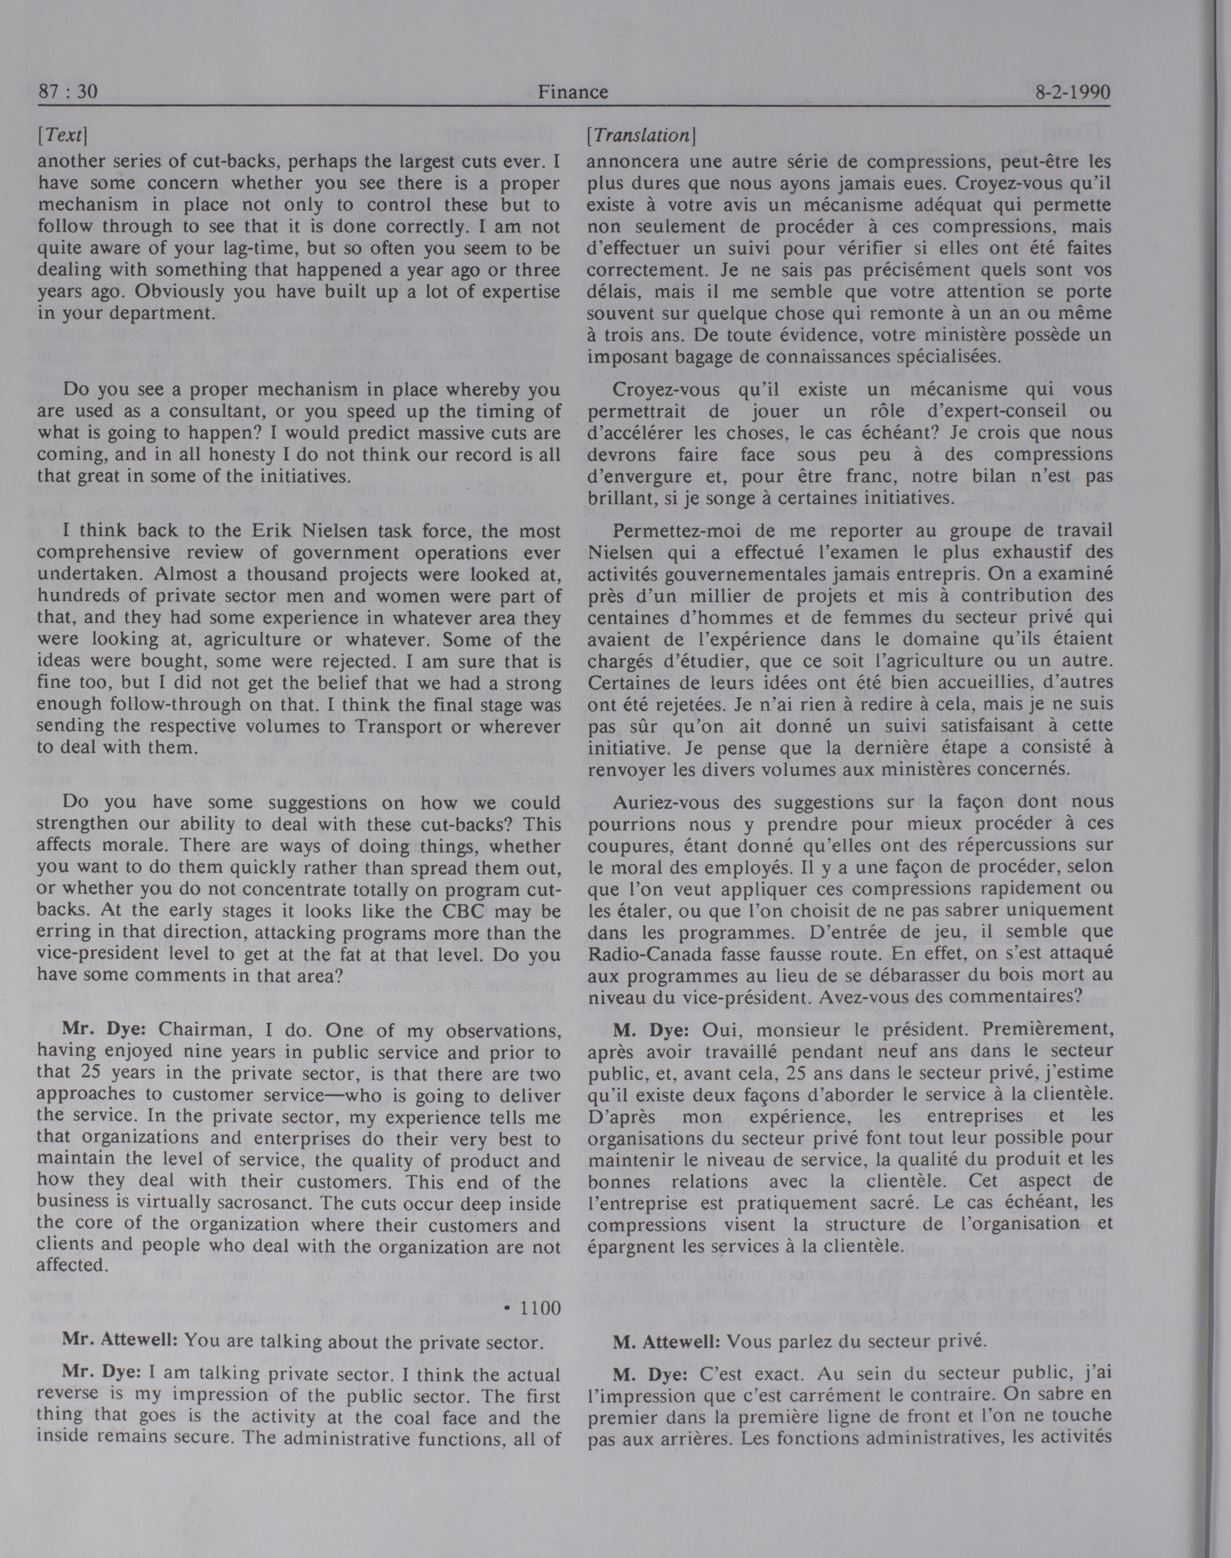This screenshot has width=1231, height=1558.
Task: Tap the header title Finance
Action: (x=573, y=92)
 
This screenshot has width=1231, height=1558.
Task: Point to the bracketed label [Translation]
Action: (x=641, y=135)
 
